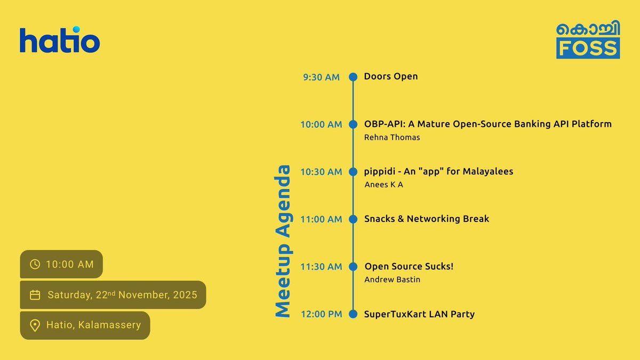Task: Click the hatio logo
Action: click(60, 40)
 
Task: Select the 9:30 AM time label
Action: click(321, 77)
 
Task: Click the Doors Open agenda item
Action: click(391, 76)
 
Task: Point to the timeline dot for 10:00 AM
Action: click(353, 124)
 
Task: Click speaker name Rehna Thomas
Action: click(392, 138)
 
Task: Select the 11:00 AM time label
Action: click(321, 219)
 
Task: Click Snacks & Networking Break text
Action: click(427, 219)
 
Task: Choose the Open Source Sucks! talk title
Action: click(409, 266)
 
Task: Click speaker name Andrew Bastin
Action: click(393, 279)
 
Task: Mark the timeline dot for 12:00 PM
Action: click(353, 314)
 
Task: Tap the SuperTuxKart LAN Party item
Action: click(419, 314)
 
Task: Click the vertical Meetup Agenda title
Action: click(283, 241)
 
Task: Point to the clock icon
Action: click(35, 264)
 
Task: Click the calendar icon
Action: click(35, 295)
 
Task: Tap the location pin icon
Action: click(35, 325)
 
